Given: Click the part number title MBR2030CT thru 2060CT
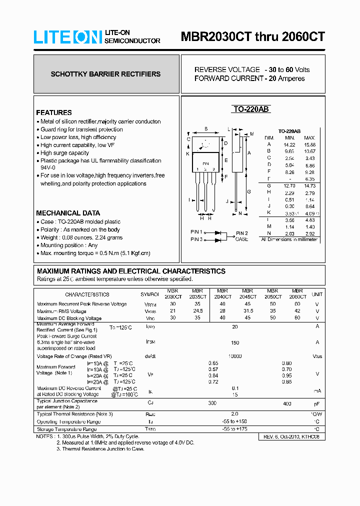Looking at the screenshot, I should (252, 37).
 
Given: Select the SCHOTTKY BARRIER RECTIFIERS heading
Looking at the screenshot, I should (105, 74).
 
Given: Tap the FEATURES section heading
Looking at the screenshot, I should (54, 112).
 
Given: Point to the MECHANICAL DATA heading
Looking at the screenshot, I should (68, 213).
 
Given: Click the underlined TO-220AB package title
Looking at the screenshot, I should (251, 109).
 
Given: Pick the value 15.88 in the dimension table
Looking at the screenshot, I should (309, 144).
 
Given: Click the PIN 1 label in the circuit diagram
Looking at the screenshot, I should (196, 232).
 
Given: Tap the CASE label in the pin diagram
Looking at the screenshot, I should (241, 239).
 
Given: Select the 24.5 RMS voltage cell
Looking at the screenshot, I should (197, 311).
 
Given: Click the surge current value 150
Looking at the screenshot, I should (235, 343).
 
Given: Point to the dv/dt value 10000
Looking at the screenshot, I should (235, 356).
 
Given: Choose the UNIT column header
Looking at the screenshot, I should (317, 294).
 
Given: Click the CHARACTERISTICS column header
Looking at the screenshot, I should (87, 294).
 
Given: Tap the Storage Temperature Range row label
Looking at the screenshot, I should (67, 429).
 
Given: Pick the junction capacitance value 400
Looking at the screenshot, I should (287, 403).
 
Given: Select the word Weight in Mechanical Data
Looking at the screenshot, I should (49, 237).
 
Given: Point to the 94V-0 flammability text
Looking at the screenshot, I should (48, 168).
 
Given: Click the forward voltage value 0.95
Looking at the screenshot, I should (287, 375).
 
